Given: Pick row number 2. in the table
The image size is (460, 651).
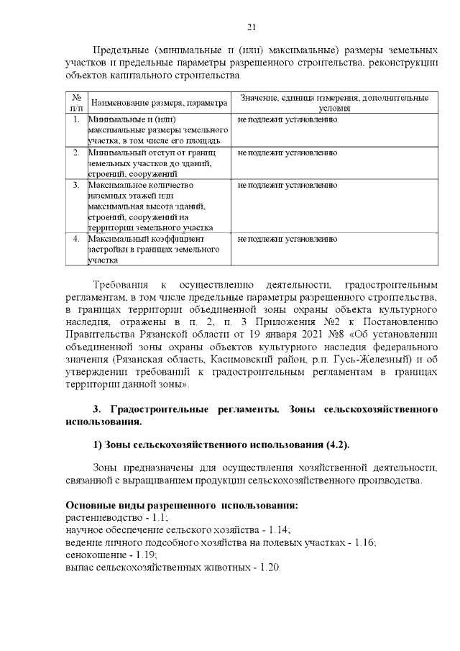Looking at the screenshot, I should [x=75, y=153].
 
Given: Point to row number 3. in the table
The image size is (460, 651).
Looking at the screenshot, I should [x=75, y=186].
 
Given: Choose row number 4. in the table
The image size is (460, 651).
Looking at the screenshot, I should [x=75, y=238].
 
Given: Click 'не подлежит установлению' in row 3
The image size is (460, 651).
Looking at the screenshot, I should [x=287, y=186].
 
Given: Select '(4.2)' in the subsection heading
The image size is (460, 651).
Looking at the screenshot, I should [x=333, y=444].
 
